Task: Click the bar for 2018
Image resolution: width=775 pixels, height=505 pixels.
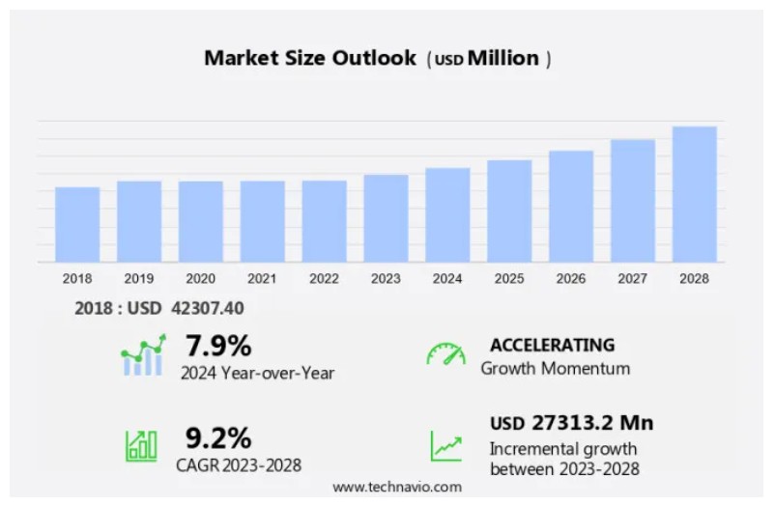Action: [77, 224]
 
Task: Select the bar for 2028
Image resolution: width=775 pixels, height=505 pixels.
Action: [694, 194]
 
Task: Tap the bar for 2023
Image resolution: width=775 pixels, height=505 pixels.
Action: [386, 218]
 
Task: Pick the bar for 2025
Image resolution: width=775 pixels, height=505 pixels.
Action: [509, 210]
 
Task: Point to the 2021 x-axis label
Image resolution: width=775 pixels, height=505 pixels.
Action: [262, 279]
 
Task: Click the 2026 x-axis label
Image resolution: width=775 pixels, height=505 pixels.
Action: [570, 279]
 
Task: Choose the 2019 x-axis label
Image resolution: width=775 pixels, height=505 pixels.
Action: [139, 279]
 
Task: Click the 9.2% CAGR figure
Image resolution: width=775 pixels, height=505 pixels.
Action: [218, 438]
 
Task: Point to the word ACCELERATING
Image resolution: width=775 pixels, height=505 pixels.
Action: [552, 345]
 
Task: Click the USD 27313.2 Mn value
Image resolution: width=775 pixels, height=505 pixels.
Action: [571, 423]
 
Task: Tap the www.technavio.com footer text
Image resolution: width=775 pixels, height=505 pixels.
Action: [397, 487]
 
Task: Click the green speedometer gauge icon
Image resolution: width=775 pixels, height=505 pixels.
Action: [445, 354]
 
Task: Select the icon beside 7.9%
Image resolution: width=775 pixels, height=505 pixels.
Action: [143, 355]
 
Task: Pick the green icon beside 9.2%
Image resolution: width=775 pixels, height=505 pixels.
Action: [141, 445]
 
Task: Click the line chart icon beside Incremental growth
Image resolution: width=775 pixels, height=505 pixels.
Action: [445, 446]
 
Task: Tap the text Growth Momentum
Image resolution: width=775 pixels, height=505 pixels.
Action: [555, 368]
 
